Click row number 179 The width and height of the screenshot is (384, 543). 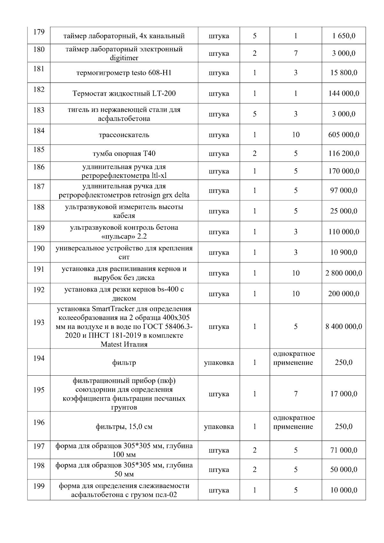[39, 32]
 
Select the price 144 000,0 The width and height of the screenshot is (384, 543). [344, 93]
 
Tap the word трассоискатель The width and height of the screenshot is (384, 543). [124, 135]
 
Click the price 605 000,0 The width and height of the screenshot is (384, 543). [344, 135]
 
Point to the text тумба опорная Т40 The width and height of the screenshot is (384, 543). [124, 154]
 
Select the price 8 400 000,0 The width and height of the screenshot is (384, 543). [344, 326]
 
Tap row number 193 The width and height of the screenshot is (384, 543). [39, 322]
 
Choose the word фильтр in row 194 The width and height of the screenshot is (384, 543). [124, 363]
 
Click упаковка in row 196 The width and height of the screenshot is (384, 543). [219, 427]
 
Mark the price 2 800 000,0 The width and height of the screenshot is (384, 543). [344, 273]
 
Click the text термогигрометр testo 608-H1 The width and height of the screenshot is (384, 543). [124, 73]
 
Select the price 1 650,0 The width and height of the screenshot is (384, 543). [344, 36]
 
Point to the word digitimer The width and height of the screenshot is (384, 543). [124, 58]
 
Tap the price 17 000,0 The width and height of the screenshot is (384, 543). [344, 394]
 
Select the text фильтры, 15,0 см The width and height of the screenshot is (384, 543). [124, 427]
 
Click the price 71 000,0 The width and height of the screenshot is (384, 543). [344, 450]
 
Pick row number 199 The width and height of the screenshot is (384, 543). [39, 486]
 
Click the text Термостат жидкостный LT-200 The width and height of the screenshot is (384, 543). [124, 93]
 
